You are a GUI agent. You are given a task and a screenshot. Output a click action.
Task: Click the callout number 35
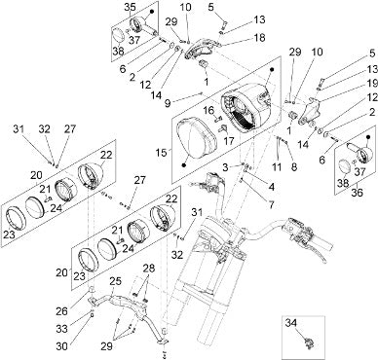pos(131,8)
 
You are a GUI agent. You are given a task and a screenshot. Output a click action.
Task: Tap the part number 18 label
pos(259,38)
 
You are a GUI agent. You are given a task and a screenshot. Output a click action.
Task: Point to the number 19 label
pos(371,84)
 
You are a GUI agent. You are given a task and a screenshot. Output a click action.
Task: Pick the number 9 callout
pos(168,103)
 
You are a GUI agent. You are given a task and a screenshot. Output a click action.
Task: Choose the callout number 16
pos(209,110)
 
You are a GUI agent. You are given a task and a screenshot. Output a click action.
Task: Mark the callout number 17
pos(230,142)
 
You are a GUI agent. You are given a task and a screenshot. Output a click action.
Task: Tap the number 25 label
pos(115,281)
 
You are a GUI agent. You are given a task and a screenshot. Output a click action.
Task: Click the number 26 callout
pos(61,311)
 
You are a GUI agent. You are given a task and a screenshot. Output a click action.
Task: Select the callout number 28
pos(148,270)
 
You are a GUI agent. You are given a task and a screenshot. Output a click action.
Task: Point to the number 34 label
pos(292,323)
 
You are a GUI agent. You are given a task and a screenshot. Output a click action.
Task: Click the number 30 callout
pos(61,346)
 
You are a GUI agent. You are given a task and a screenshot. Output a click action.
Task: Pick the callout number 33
pos(61,329)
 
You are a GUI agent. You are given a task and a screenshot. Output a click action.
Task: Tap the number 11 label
pos(277,167)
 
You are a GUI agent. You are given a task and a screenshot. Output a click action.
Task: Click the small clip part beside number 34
pos(309,342)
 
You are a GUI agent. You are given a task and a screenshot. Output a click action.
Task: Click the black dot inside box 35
pos(151,12)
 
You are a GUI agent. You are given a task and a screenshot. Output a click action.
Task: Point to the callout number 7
pos(271,204)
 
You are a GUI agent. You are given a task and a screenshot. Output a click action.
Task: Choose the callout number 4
pos(272,187)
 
